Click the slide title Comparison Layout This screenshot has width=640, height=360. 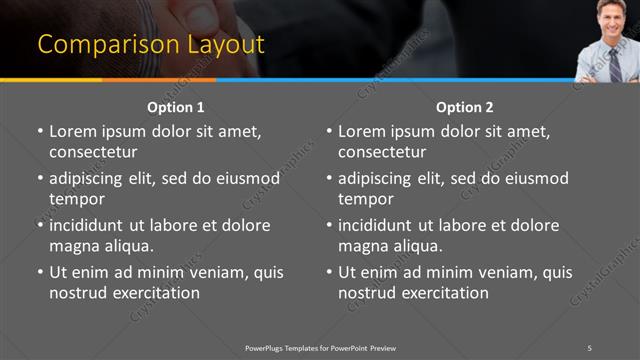click(x=151, y=45)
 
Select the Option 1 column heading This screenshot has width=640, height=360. click(x=176, y=107)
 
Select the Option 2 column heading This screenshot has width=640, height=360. click(x=465, y=107)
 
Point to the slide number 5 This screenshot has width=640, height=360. click(x=589, y=347)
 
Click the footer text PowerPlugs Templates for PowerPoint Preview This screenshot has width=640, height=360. click(x=320, y=347)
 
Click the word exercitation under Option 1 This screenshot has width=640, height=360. click(x=155, y=293)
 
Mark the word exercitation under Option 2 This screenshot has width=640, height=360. click(x=444, y=293)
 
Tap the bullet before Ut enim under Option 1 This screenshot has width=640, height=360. click(x=39, y=272)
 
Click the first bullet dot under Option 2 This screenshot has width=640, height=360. click(x=328, y=131)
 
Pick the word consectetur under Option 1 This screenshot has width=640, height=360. click(x=93, y=152)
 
